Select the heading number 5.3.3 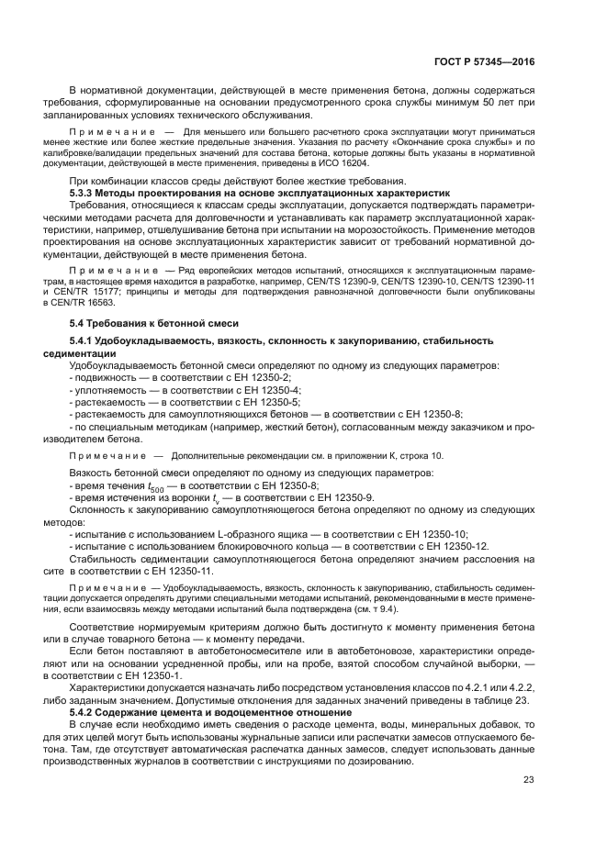coord(87,195)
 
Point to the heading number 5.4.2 coord(87,711)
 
